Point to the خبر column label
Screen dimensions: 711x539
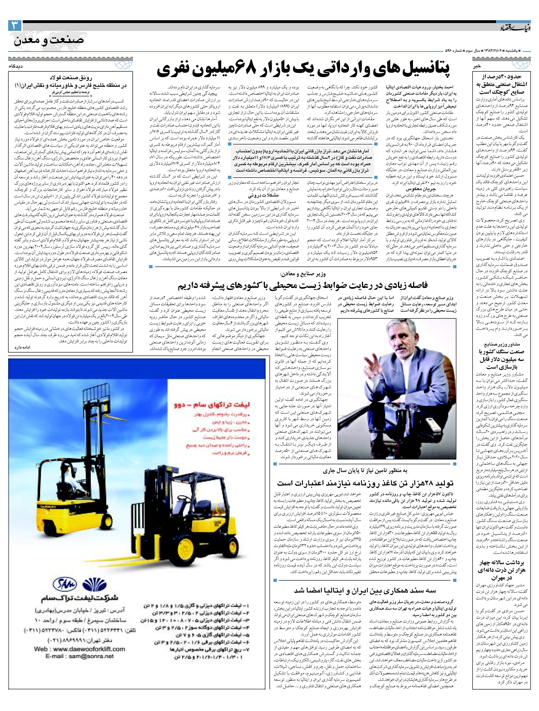[477, 66]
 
